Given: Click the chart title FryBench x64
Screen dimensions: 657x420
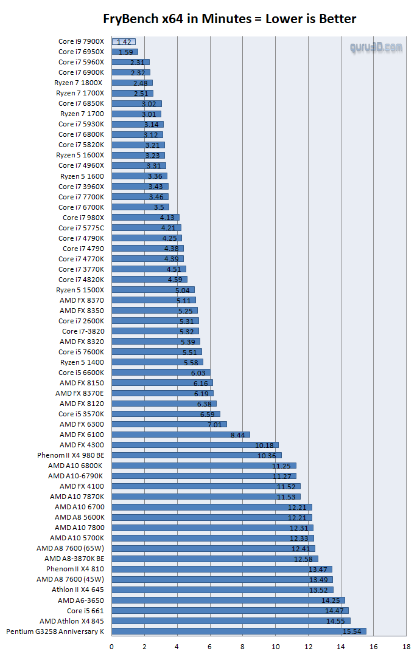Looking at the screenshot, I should (229, 19).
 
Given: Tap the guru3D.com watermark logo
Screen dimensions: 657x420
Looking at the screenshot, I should (376, 47).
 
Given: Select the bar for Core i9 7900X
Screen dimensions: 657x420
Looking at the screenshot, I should (124, 42).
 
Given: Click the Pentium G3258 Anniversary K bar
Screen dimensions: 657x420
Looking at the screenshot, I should (239, 631).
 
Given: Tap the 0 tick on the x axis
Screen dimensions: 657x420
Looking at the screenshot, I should (112, 646).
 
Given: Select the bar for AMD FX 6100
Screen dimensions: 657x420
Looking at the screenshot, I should (181, 435).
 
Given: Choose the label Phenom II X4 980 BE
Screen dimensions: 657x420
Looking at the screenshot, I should (71, 455).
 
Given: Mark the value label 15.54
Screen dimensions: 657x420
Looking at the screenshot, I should (352, 632).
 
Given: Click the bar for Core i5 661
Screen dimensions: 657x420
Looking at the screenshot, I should (230, 611).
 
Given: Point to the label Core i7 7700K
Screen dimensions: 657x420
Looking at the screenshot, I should (81, 197).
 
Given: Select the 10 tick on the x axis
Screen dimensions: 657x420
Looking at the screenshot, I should (275, 646).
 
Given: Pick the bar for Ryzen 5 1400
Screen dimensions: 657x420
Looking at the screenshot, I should (157, 362).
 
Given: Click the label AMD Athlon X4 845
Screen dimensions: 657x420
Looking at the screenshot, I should (72, 621).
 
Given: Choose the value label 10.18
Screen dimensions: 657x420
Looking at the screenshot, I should (266, 445).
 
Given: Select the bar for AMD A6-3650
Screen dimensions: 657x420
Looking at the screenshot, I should (228, 600).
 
